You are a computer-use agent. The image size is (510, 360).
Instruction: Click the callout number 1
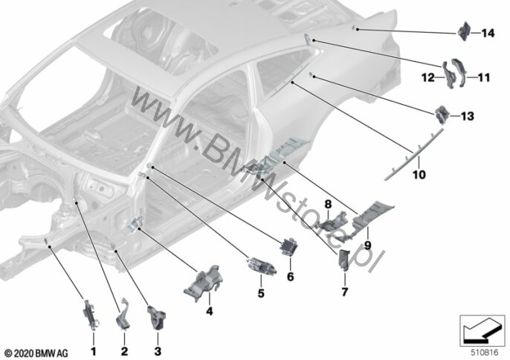point(93,350)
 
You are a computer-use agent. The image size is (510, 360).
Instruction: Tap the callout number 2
point(124,350)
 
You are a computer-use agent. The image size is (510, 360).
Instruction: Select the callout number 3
point(158,350)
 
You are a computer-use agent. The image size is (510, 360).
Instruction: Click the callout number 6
point(291,276)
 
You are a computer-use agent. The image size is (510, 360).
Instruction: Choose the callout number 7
point(344,292)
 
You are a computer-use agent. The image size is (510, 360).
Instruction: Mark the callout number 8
point(326,203)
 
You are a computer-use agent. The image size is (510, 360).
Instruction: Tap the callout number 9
point(367,242)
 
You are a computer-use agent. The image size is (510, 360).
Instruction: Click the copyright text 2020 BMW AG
point(36,351)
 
